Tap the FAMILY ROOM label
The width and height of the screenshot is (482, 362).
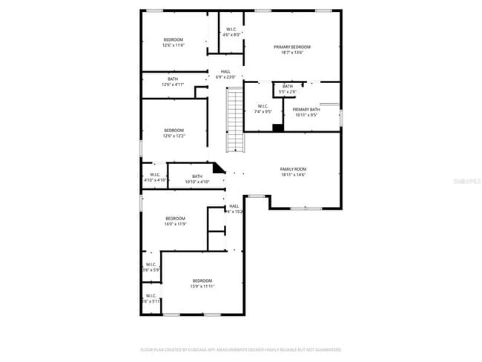tap(293, 168)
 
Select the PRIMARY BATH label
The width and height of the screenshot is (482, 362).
tap(306, 110)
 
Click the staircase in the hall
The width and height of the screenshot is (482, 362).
tap(234, 119)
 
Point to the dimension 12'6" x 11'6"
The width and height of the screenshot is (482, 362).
tap(174, 45)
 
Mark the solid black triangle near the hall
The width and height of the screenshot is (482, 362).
tap(218, 169)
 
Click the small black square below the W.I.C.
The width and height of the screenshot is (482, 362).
tap(277, 128)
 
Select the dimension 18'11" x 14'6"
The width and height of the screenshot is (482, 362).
tap(293, 174)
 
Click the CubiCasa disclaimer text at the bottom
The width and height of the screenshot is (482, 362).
tap(241, 349)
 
